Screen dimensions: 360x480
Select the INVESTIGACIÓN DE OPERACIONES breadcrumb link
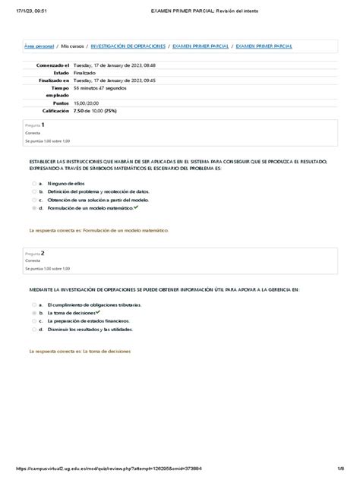(126, 46)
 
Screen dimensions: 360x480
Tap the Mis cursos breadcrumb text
(73, 46)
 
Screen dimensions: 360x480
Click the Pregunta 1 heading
(35, 125)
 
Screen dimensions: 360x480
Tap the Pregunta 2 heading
(35, 253)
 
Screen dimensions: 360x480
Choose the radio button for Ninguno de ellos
(33, 184)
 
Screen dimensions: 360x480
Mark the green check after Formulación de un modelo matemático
(136, 207)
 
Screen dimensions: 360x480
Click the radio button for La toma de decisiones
(33, 313)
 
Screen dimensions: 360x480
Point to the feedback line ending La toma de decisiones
(80, 352)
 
